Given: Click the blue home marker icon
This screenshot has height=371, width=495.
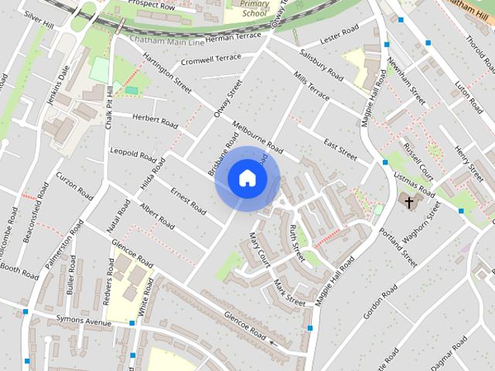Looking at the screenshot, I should (247, 178).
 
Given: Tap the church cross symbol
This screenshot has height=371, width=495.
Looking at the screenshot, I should (409, 203).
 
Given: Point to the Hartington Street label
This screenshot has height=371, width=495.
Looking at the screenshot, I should (166, 73).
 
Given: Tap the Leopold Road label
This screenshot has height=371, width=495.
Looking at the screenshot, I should (133, 151).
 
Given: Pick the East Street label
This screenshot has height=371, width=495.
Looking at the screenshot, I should (340, 150).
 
